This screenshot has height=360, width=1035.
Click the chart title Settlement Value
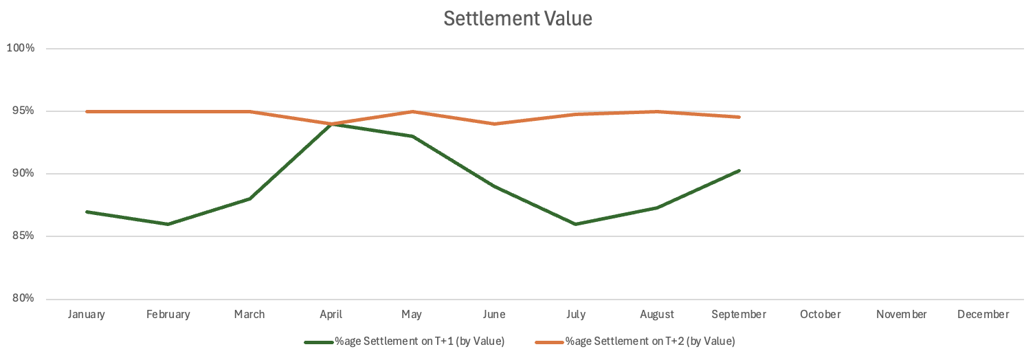click(x=517, y=19)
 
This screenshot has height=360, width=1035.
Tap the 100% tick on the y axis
click(x=21, y=48)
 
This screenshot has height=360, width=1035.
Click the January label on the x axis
click(x=87, y=315)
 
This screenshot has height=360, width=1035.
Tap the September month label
click(x=739, y=315)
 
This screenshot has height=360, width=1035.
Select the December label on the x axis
click(x=983, y=315)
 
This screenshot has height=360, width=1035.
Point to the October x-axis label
click(x=821, y=315)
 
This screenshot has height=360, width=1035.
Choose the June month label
click(x=494, y=315)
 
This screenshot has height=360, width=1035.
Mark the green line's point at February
click(x=168, y=224)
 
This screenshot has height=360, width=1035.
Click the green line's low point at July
click(x=576, y=224)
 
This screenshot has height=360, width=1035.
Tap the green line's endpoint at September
click(x=739, y=170)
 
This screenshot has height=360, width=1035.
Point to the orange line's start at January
click(x=87, y=111)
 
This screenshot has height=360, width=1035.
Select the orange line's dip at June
click(x=494, y=124)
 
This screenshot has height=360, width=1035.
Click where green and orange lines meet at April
click(x=331, y=124)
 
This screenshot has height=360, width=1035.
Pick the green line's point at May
click(x=412, y=136)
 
